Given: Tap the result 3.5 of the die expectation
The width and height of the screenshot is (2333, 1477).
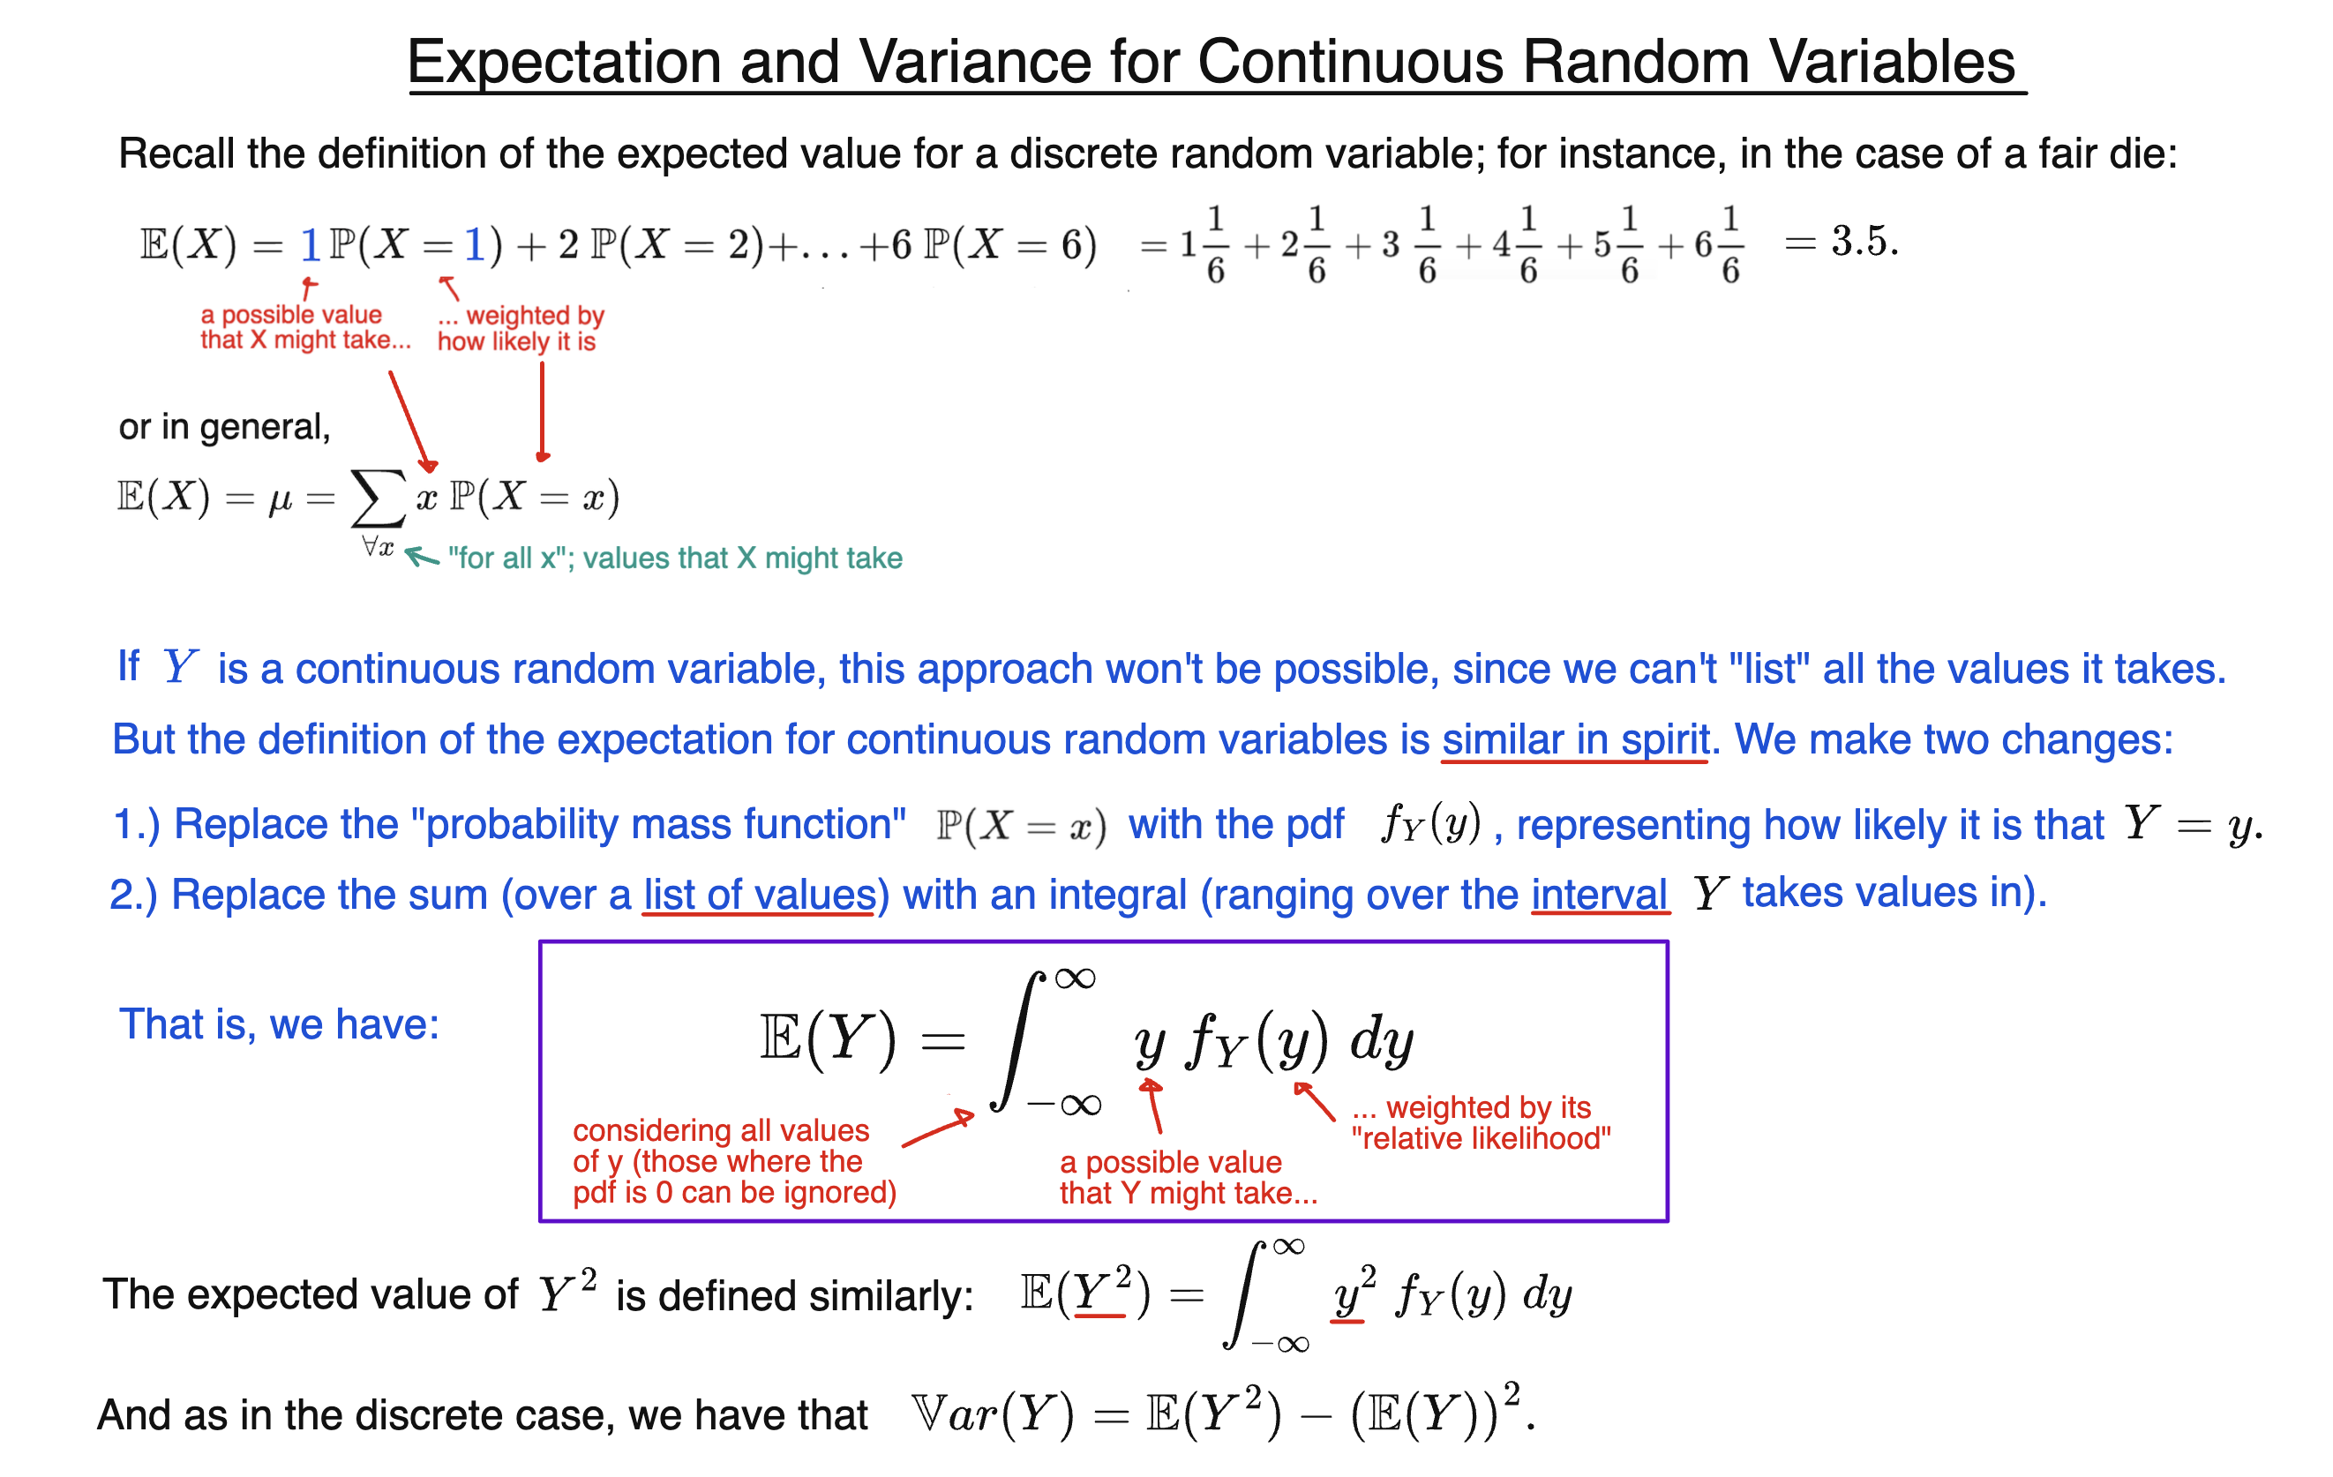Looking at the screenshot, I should point(1861,241).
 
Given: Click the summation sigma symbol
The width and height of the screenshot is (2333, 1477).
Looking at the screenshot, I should point(377,498).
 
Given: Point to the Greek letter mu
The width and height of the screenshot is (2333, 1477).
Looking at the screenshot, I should point(280,499).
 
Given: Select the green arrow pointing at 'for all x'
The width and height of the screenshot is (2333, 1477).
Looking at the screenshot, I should point(422,556).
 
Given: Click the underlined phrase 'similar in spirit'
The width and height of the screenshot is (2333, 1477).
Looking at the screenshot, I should point(1574,740).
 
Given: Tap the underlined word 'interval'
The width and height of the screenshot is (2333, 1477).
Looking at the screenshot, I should point(1599,894).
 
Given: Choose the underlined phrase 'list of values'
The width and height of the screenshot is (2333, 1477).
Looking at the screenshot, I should point(760,894).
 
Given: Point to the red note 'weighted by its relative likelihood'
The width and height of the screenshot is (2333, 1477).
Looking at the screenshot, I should point(1481,1122).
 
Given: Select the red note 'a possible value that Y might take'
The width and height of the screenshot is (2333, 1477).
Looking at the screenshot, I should point(1187,1177).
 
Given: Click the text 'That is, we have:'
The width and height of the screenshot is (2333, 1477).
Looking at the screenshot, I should point(279,1023).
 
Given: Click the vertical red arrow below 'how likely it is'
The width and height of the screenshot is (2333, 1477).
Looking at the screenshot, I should point(543,412).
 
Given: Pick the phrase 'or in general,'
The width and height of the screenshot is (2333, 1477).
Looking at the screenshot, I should point(225,426).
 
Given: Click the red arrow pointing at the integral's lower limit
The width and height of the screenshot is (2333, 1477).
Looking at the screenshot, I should point(938,1130).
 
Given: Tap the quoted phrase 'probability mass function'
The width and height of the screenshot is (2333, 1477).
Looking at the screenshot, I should point(659,824).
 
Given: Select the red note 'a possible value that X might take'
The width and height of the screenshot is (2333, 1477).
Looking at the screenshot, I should point(305,327).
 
